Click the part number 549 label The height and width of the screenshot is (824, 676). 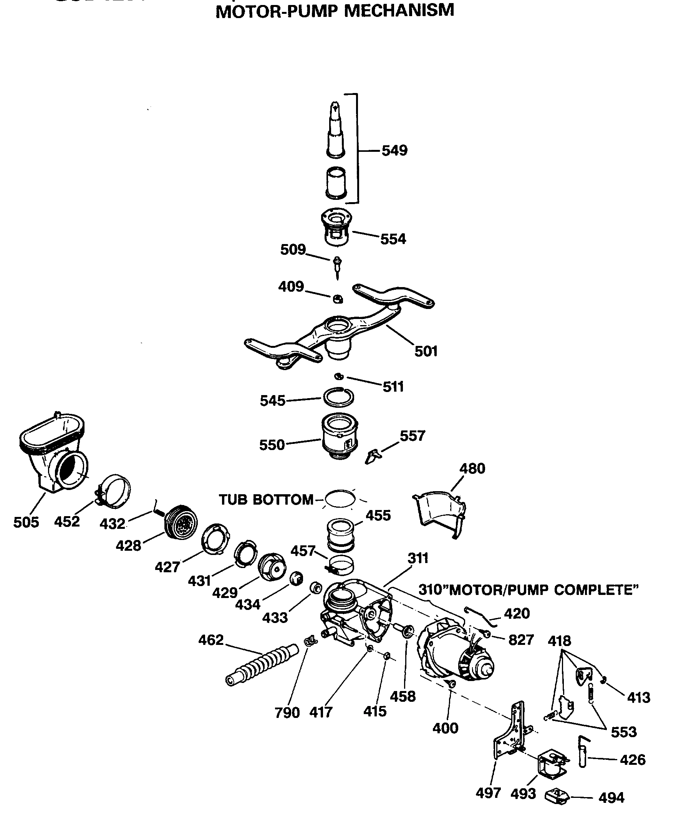394,150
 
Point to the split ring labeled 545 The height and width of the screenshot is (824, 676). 338,397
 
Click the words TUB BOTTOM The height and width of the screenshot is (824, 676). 266,500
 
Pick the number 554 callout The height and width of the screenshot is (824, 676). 393,239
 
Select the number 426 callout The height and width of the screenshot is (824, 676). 632,760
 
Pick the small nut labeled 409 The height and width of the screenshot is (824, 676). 338,299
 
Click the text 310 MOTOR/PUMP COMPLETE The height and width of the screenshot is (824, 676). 528,590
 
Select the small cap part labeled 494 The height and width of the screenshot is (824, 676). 557,796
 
